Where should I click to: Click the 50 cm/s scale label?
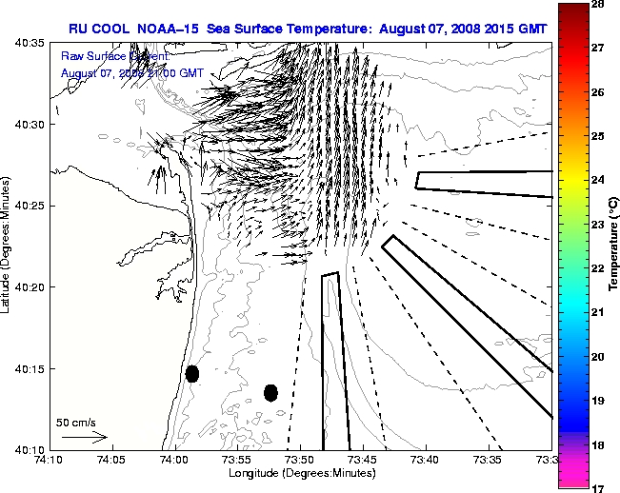76,422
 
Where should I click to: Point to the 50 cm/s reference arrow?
84,437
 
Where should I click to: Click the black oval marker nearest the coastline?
192,373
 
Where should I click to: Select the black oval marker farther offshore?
270,392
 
